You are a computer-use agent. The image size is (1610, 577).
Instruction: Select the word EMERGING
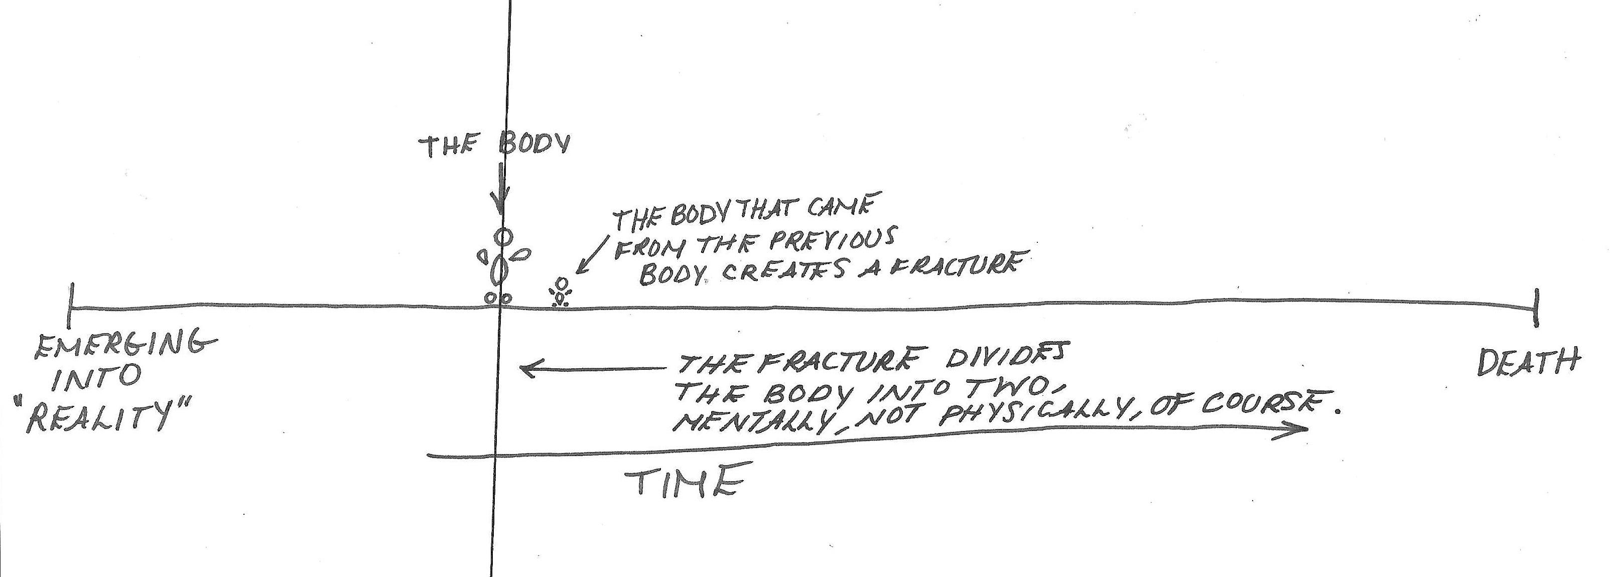(x=125, y=347)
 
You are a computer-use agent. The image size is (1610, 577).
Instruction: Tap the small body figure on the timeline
(x=561, y=292)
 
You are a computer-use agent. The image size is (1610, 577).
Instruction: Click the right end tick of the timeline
(x=1536, y=308)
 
